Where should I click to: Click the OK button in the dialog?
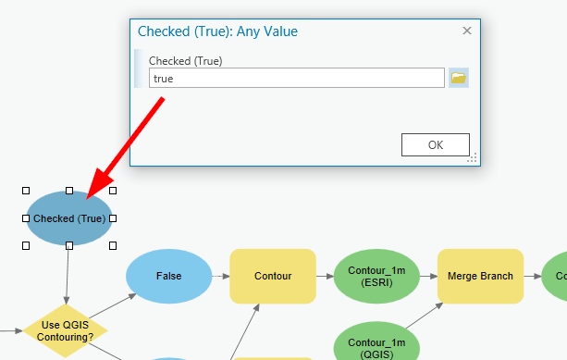tap(436, 144)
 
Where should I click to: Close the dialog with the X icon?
tap(467, 31)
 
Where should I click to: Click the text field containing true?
tap(296, 79)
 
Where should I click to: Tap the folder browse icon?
tap(459, 78)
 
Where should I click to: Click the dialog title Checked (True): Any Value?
tap(217, 31)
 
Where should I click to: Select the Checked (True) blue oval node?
tap(69, 218)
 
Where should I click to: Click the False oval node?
tap(168, 276)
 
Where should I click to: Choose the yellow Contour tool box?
tap(273, 276)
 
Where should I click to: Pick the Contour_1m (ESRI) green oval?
tap(376, 276)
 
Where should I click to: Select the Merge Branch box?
tap(480, 276)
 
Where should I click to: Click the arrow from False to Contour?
tap(220, 276)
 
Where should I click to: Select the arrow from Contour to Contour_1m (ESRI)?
tap(325, 276)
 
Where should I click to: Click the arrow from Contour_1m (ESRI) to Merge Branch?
tap(428, 276)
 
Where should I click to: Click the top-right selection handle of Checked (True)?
tap(113, 191)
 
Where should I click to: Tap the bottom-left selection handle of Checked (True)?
tap(26, 245)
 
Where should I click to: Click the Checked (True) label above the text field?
tap(185, 61)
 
